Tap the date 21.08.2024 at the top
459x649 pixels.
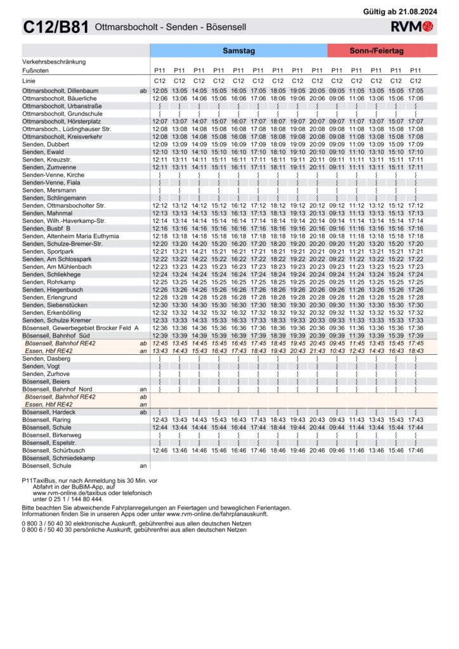click(418, 11)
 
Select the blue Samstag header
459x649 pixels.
click(238, 50)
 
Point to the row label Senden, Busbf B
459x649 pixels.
click(46, 228)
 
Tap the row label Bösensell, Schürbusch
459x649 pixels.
click(53, 450)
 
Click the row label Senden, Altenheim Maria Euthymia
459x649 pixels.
click(70, 236)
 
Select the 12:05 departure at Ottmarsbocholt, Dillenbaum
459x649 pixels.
click(160, 91)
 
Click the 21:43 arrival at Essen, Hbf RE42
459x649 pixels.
click(317, 350)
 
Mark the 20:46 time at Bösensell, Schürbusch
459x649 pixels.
click(317, 450)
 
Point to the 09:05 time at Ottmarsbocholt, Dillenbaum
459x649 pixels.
click(337, 91)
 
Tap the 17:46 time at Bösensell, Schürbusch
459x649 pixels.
click(415, 450)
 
